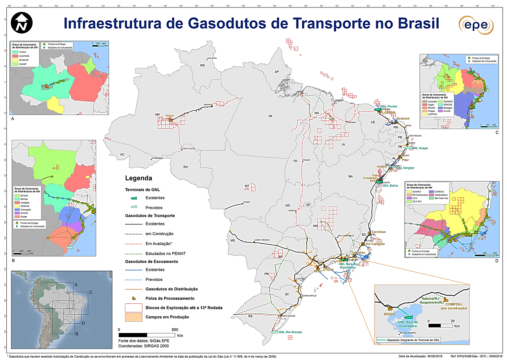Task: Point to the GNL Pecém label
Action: (389, 106)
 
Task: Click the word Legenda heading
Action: (138, 178)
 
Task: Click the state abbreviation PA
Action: (270, 116)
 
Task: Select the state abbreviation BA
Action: (350, 177)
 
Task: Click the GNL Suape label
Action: (420, 148)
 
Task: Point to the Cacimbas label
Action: (378, 232)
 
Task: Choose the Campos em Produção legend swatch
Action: (133, 317)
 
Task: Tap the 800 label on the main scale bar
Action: (175, 329)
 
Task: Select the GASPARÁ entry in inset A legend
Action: (24, 56)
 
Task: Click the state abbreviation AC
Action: (122, 155)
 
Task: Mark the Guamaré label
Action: (402, 118)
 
